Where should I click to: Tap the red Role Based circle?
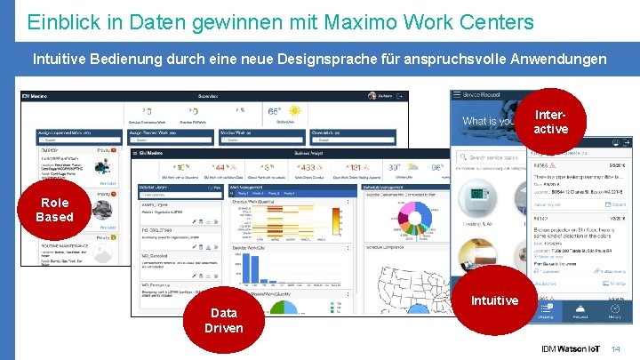[x=55, y=211]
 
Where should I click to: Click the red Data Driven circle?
[x=223, y=320]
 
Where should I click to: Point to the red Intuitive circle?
[x=494, y=301]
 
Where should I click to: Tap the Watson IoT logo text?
[x=572, y=348]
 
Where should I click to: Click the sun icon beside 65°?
[x=295, y=111]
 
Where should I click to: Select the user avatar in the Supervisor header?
[x=372, y=96]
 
